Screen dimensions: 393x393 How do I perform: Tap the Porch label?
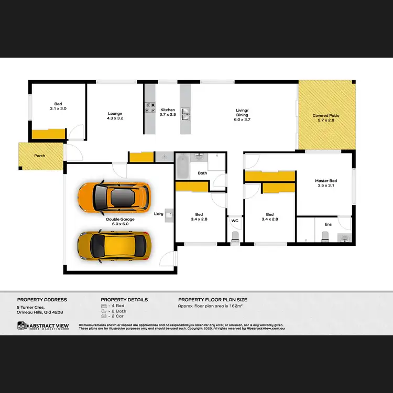(40, 156)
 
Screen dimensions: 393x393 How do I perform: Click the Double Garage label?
(120, 221)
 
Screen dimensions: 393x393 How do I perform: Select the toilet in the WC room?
(235, 238)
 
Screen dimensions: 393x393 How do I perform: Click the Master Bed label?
(326, 183)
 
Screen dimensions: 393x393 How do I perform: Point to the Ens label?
(328, 224)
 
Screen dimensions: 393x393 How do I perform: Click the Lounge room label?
(115, 116)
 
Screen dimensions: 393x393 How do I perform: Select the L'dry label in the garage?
(159, 214)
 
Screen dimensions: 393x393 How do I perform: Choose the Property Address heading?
(42, 300)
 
